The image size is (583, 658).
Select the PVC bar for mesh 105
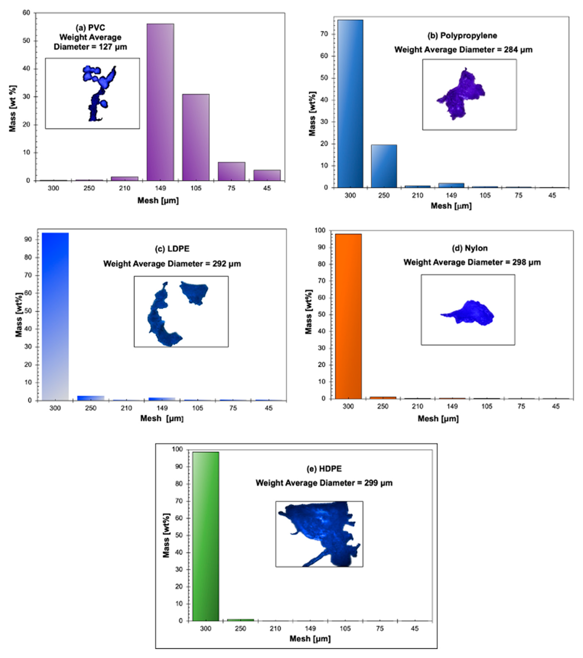click(196, 138)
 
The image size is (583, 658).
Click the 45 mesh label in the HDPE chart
click(415, 628)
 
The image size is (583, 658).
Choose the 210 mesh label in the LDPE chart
click(126, 408)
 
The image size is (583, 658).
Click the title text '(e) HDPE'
click(324, 469)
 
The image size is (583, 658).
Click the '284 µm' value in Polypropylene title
click(518, 50)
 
